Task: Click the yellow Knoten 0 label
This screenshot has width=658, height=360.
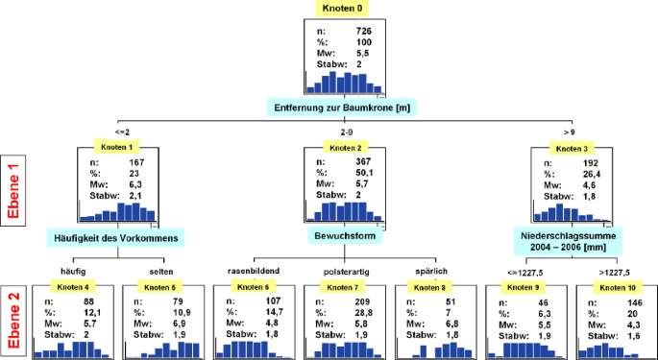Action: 342,10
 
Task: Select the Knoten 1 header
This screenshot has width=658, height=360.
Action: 117,148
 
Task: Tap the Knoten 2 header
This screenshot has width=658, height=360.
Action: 344,148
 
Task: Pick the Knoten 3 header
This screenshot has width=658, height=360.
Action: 573,148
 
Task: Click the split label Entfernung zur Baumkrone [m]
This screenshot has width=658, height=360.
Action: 343,107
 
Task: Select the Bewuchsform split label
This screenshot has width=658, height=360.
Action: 344,234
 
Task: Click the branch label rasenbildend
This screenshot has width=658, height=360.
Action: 253,271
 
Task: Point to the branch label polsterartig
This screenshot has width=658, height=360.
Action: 343,271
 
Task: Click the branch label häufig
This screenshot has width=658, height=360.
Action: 61,271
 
